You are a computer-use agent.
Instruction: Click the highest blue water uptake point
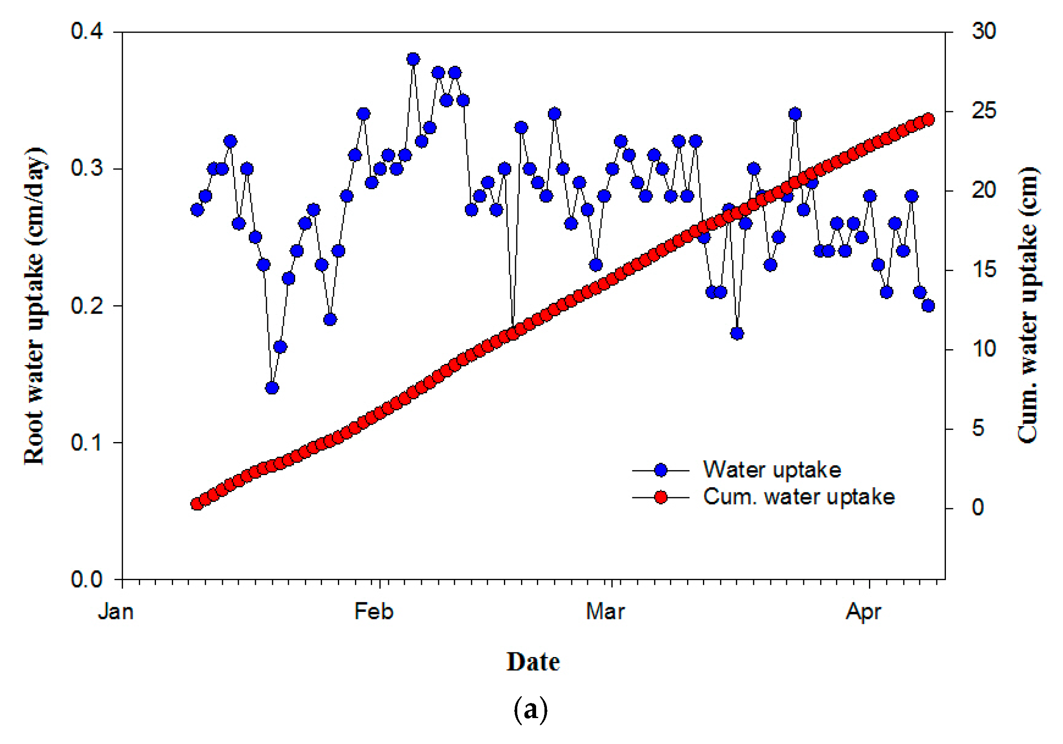[413, 59]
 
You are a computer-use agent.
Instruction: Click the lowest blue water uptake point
[272, 388]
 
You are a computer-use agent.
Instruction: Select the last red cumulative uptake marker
[928, 120]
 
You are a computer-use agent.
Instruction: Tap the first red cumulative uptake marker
[197, 504]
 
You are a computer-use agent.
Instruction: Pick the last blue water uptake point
[928, 306]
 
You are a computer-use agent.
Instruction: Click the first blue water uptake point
[197, 210]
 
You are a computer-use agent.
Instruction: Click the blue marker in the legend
[661, 470]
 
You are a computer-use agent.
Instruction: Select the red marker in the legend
[661, 497]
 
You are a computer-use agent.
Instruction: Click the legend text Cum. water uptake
[799, 497]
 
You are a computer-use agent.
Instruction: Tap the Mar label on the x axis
[605, 611]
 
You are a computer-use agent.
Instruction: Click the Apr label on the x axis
[863, 612]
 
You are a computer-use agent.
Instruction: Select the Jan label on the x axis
[116, 611]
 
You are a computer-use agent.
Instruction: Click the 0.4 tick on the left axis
[87, 31]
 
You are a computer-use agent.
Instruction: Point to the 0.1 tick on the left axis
[87, 442]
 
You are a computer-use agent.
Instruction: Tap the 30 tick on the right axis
[984, 31]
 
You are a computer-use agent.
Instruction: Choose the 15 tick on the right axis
[984, 269]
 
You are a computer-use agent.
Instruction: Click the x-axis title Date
[533, 662]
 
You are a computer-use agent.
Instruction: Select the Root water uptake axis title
[35, 306]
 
